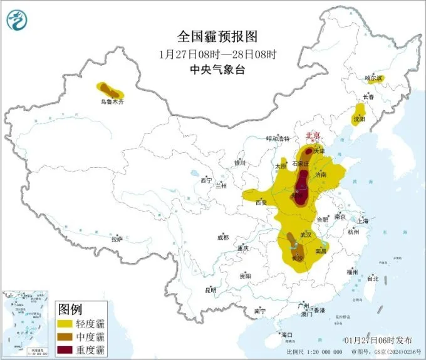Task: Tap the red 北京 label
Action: tap(312, 135)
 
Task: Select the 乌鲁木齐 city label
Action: tap(113, 101)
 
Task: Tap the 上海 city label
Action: tap(362, 221)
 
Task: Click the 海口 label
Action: tap(288, 335)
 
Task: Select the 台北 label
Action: tap(373, 278)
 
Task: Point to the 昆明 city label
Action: tap(210, 290)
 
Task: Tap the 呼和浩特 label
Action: tap(278, 139)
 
